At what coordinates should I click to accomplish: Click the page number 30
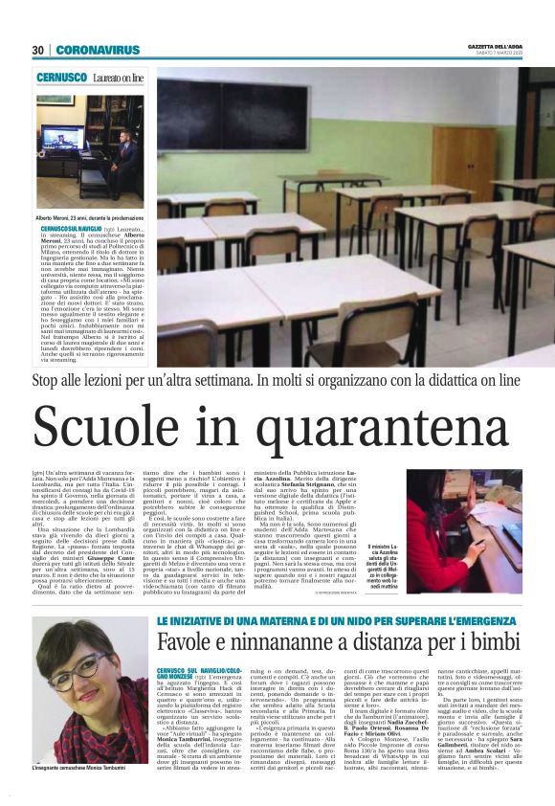[x=38, y=50]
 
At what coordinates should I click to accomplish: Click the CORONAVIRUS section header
[x=97, y=50]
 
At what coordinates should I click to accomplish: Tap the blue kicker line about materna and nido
[x=340, y=594]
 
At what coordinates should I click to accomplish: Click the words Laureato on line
[x=120, y=76]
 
